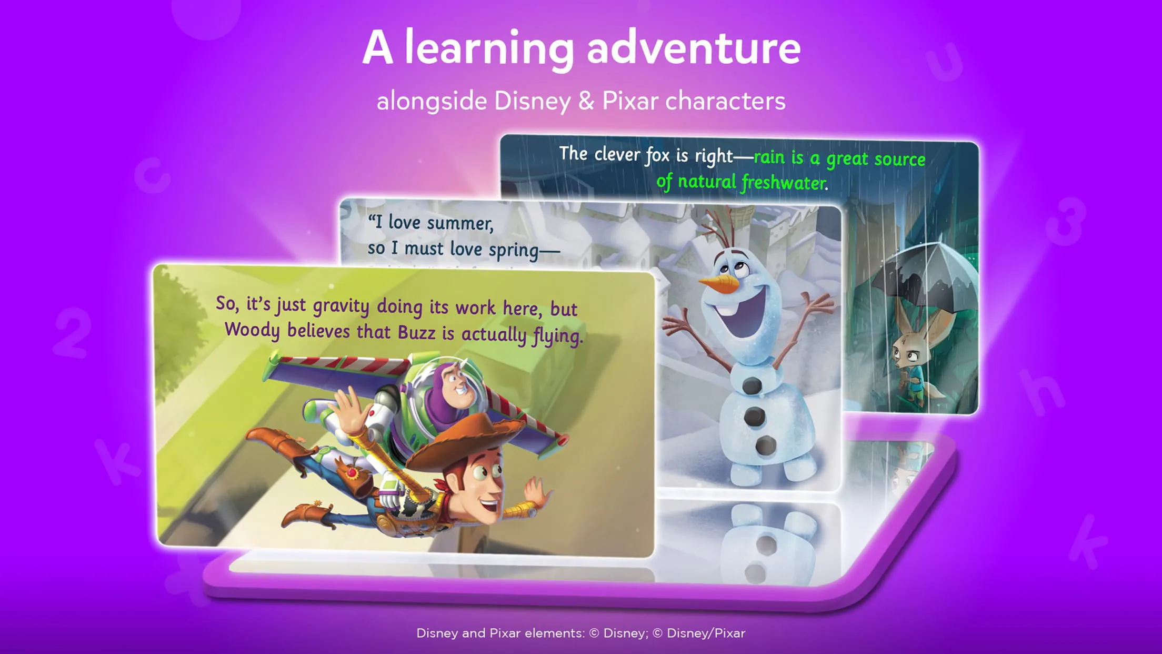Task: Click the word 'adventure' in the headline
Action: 694,48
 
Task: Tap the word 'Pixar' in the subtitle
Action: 630,101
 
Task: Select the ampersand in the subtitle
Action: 586,101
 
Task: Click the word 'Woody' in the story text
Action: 252,330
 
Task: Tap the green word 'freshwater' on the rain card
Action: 784,183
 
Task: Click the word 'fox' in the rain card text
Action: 657,155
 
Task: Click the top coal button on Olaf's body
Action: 751,386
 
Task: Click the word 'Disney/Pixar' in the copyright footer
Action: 706,633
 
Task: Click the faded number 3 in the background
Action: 1065,221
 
